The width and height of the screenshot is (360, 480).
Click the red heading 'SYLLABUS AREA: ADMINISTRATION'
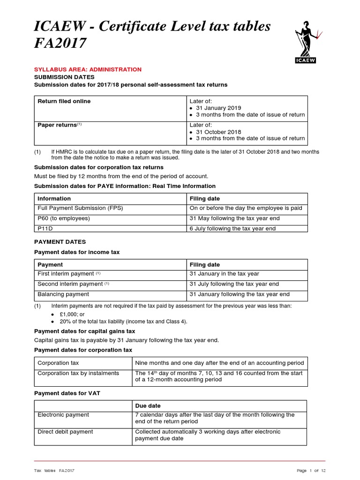click(88, 69)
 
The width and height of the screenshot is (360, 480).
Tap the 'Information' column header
click(54, 198)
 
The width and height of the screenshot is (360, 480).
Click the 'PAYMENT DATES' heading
click(60, 242)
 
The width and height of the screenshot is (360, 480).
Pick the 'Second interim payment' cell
click(70, 284)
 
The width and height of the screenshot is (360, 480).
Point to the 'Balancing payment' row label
click(63, 294)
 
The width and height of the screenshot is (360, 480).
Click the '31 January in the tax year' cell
click(224, 274)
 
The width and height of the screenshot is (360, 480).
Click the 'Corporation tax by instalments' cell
click(78, 373)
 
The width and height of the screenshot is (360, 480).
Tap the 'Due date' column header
click(148, 405)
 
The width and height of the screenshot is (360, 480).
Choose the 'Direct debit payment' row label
click(65, 432)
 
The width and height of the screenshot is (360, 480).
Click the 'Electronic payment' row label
click(63, 415)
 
